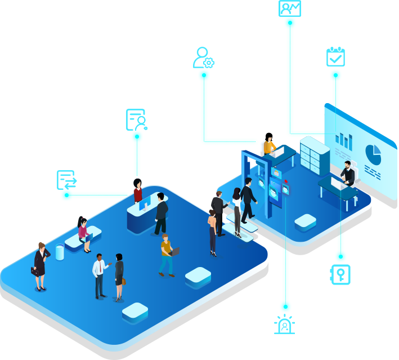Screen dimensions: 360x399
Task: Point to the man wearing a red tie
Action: click(100, 274)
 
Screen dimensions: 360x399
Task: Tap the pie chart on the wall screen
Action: click(372, 153)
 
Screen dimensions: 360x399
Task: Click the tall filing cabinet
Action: click(314, 155)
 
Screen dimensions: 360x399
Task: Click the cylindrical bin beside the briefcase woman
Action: click(60, 252)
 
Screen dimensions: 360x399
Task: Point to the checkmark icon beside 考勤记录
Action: click(335, 56)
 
